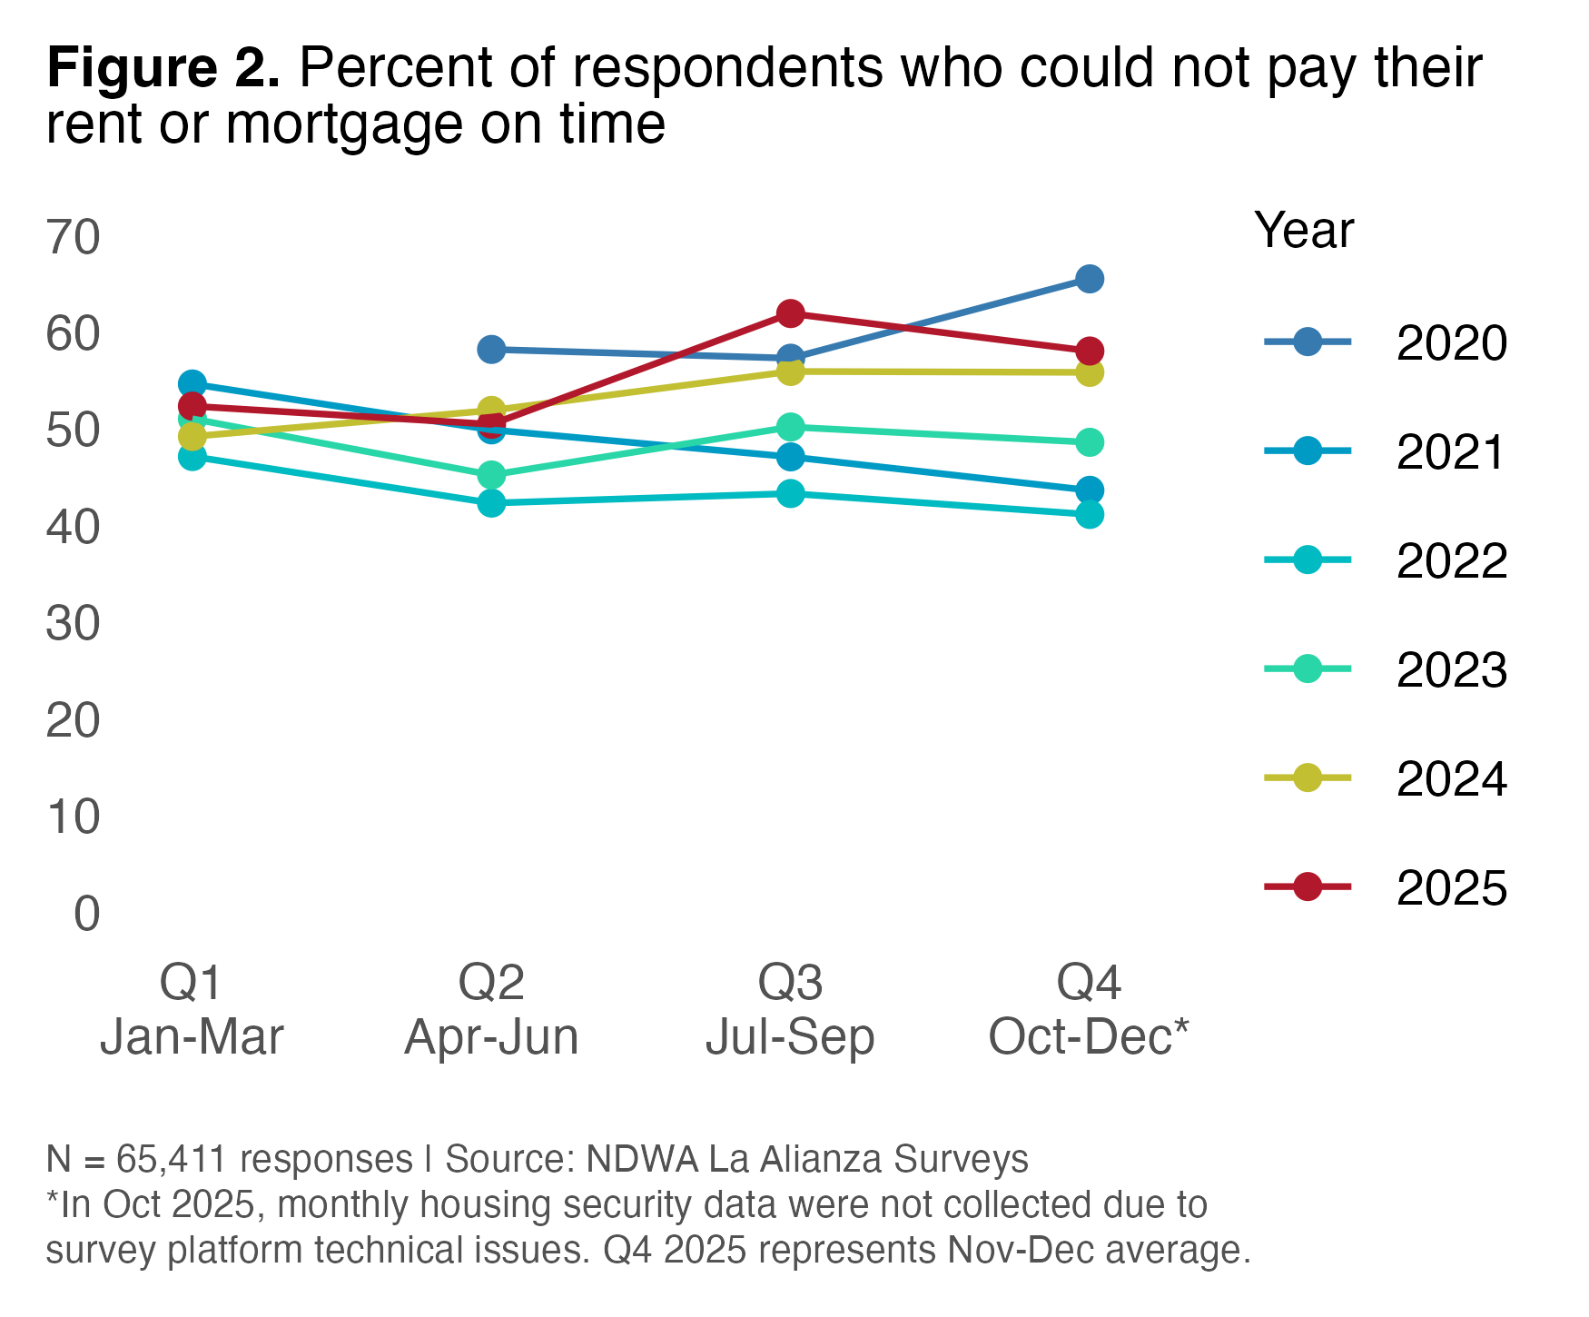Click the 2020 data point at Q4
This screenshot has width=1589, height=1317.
[x=1090, y=279]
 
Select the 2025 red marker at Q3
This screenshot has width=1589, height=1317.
[x=790, y=314]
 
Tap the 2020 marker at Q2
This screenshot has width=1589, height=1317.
[x=491, y=349]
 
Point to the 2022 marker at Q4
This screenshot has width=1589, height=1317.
[x=1090, y=515]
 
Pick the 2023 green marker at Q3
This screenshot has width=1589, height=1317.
[x=790, y=427]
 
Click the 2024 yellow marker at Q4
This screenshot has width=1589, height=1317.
[x=1090, y=372]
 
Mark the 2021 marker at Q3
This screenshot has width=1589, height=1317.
[x=790, y=456]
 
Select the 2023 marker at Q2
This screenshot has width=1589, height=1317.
[x=491, y=475]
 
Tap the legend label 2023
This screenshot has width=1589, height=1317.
[x=1451, y=670]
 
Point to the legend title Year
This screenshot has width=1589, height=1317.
[x=1304, y=231]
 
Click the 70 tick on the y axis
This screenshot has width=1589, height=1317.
[x=73, y=238]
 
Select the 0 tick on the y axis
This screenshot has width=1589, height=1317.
[x=86, y=914]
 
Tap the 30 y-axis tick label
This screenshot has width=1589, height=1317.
[x=73, y=624]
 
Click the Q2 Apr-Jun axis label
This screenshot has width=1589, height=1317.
[x=491, y=1009]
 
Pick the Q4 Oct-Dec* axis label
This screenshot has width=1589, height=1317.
[x=1089, y=1009]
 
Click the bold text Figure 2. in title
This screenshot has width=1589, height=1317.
[x=163, y=68]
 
